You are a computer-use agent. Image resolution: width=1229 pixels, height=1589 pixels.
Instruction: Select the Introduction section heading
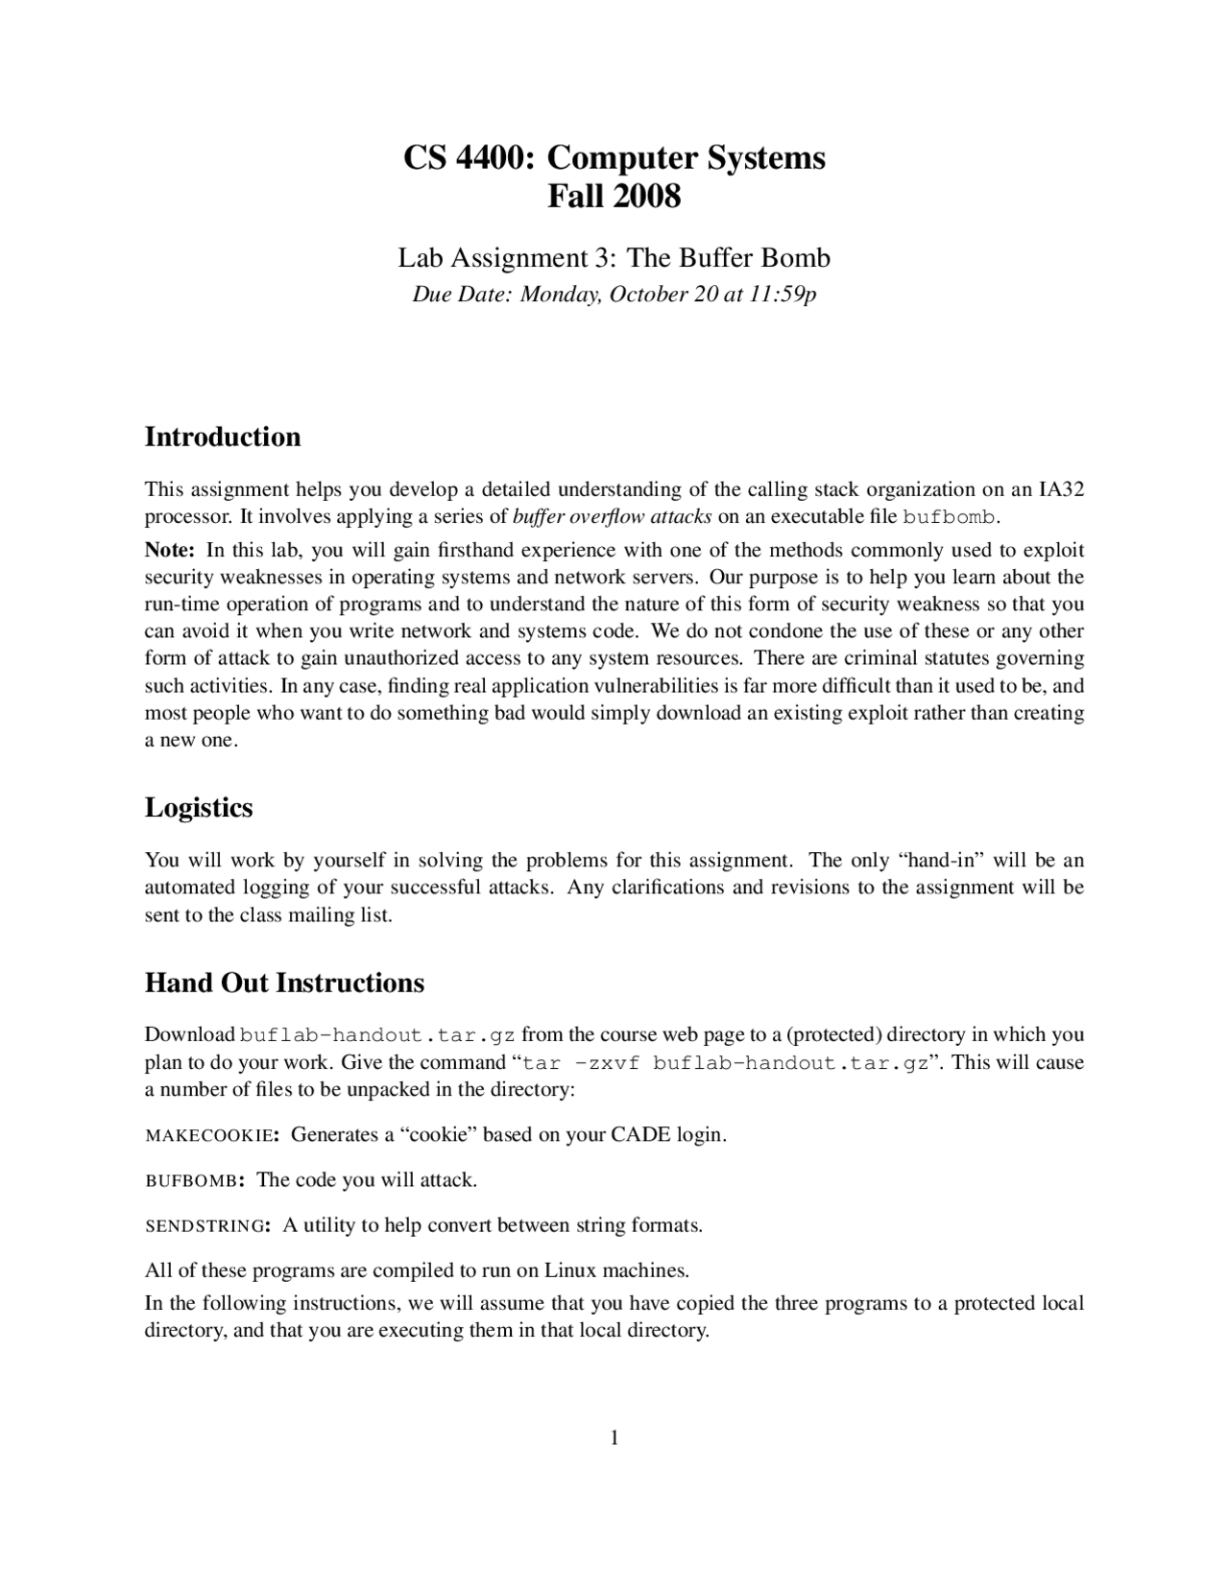pyautogui.click(x=223, y=438)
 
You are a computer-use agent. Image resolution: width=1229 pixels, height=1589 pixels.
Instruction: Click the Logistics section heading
pyautogui.click(x=199, y=808)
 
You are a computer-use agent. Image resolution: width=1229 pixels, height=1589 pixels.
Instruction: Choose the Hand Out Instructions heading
pyautogui.click(x=284, y=984)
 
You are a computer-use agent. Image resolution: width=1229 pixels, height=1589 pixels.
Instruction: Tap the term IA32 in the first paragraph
pyautogui.click(x=1061, y=490)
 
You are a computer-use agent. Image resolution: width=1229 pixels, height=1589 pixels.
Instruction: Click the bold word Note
pyautogui.click(x=170, y=551)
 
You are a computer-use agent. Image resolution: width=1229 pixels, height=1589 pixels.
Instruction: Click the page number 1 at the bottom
pyautogui.click(x=614, y=1437)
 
